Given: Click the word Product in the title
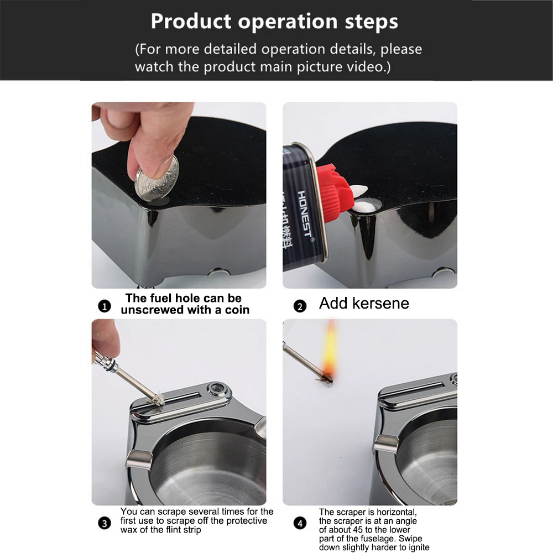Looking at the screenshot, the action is tap(191, 22).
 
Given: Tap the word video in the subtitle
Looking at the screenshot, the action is tap(367, 67).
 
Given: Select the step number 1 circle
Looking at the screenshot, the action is tap(105, 306).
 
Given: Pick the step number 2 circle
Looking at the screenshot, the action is tap(300, 306).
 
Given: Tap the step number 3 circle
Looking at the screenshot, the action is tap(105, 523).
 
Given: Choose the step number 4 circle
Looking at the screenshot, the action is tap(300, 523).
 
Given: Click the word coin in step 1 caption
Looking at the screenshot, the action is tap(237, 310).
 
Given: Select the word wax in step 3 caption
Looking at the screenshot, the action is tap(127, 530).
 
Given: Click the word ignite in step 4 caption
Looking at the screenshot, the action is tap(419, 547).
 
